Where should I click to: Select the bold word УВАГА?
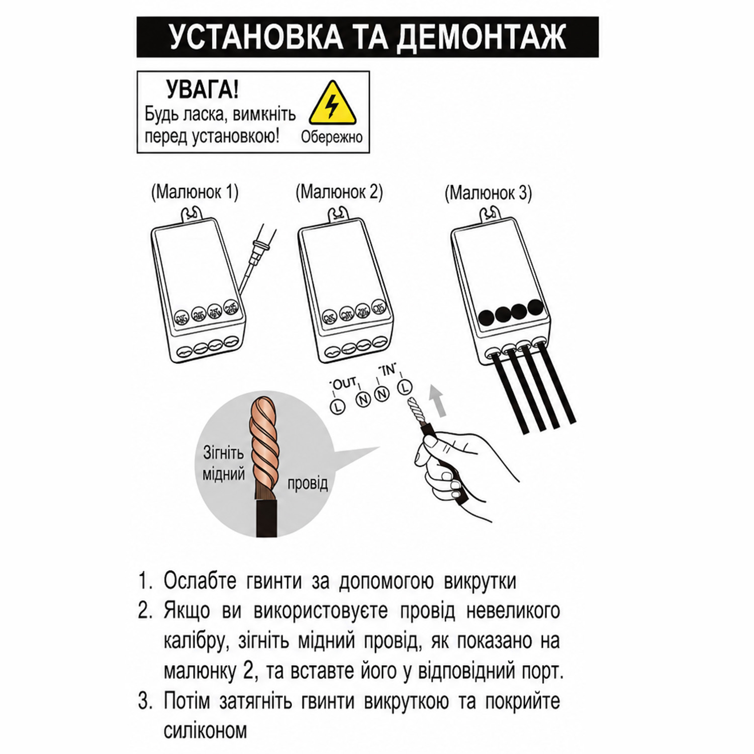[x=203, y=90]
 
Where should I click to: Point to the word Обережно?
[x=332, y=137]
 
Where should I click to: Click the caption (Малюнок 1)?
[x=195, y=192]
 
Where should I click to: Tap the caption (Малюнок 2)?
[x=339, y=192]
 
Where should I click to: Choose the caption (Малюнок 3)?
[x=488, y=193]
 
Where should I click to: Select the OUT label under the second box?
[x=344, y=384]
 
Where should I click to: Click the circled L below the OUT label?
[x=337, y=406]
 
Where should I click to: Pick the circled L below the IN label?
[x=405, y=387]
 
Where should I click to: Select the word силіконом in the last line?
[x=205, y=730]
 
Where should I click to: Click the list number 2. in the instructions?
[x=144, y=611]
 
